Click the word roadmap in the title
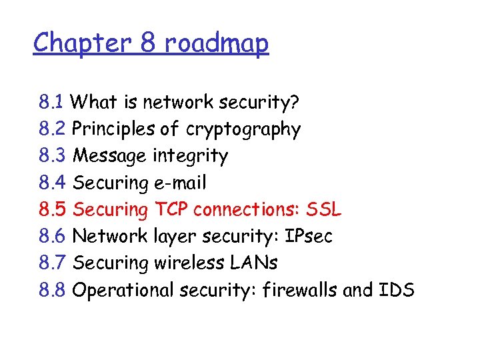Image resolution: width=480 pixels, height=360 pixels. click(x=215, y=44)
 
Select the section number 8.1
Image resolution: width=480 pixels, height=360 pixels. click(x=51, y=103)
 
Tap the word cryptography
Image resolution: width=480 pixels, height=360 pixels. click(x=243, y=130)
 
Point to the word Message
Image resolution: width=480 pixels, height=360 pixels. click(x=110, y=157)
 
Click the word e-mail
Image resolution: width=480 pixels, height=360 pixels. click(x=180, y=183)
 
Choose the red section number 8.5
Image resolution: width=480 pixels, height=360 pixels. click(x=52, y=210)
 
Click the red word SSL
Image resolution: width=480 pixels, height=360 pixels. click(x=323, y=210)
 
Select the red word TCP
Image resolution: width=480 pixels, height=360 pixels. click(x=171, y=210)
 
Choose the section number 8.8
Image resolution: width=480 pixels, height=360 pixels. click(x=52, y=290)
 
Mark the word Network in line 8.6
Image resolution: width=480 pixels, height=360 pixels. click(x=109, y=237)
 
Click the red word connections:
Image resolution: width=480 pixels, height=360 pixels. click(x=247, y=210)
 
